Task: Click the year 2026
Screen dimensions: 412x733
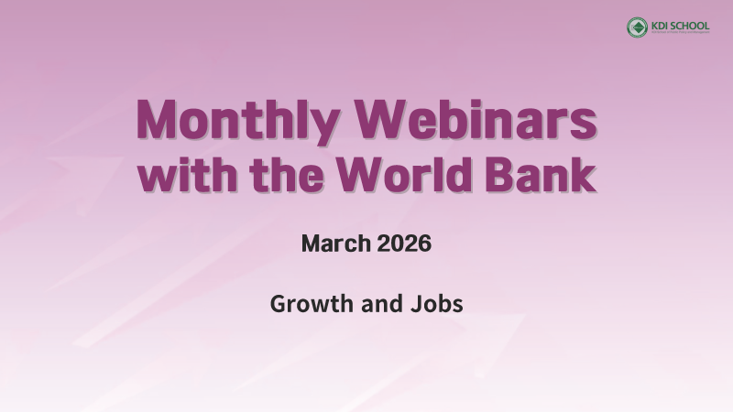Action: click(403, 244)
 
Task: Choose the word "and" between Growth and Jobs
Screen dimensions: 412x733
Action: click(378, 304)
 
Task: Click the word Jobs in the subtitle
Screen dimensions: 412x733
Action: click(435, 304)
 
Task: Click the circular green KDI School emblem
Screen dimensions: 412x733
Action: click(637, 27)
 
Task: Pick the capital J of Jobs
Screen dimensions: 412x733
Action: click(413, 304)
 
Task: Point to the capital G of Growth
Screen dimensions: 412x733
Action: click(279, 304)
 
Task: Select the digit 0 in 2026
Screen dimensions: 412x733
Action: click(395, 244)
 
